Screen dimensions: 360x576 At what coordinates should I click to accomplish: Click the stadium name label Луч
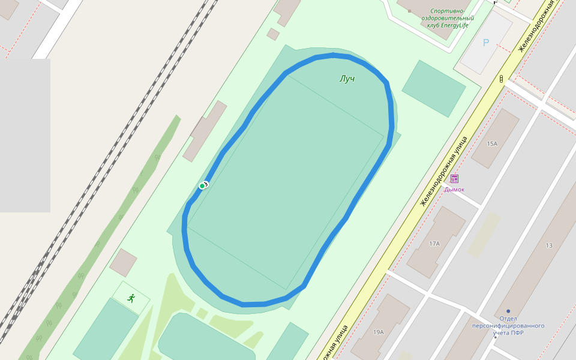(347, 79)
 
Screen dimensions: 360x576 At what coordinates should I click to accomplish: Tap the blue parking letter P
(486, 43)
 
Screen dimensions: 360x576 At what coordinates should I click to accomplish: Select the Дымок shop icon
(454, 178)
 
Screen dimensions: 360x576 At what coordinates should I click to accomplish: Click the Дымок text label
(454, 190)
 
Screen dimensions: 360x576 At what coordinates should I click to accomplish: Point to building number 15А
(492, 144)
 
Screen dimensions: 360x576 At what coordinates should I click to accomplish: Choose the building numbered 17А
(434, 244)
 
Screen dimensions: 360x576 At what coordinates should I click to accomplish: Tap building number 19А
(378, 332)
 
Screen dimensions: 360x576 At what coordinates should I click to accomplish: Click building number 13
(548, 245)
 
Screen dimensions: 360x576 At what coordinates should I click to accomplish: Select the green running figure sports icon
(131, 298)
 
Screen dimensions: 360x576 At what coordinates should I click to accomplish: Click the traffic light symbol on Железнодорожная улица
(501, 79)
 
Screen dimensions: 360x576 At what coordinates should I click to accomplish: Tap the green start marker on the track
(202, 186)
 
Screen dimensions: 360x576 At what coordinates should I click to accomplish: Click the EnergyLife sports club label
(447, 18)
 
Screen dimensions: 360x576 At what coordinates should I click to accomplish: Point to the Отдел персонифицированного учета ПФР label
(508, 326)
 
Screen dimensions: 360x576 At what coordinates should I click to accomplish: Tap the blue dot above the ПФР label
(508, 311)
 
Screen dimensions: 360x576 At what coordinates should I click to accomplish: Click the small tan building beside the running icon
(124, 263)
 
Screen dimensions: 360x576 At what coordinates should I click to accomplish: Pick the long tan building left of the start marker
(205, 131)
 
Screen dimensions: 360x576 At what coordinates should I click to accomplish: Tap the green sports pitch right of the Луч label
(433, 88)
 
